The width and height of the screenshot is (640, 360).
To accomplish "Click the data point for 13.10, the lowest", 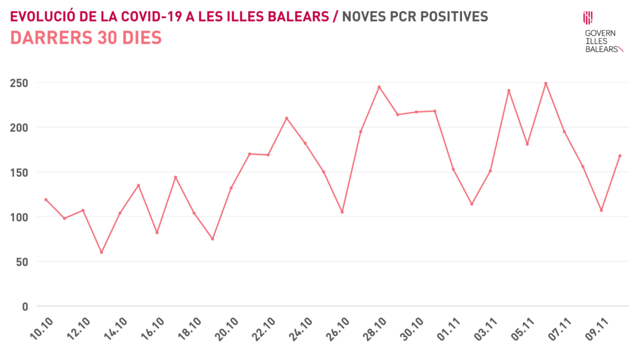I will (101, 252).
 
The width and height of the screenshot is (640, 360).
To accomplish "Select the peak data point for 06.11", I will (546, 83).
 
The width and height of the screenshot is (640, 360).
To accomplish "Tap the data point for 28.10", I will (379, 87).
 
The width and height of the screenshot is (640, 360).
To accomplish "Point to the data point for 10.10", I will (46, 199).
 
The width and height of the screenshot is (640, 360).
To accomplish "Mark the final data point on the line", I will (619, 156).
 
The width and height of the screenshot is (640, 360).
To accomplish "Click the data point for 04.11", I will (509, 91).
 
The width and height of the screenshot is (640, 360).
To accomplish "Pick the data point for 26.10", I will (342, 212).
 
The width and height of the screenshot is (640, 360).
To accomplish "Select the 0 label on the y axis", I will (25, 306).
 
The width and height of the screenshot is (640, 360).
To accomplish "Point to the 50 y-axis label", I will (22, 261).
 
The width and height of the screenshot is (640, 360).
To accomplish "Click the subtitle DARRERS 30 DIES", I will (86, 38).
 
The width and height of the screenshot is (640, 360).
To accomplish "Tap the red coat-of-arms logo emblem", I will (587, 17).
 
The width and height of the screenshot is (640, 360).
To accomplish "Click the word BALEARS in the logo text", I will (601, 48).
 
